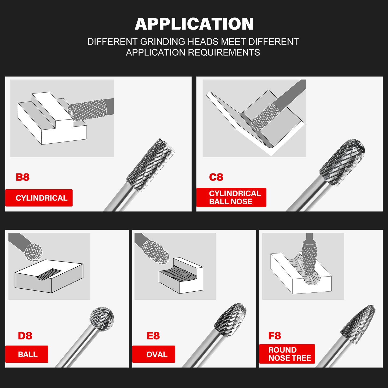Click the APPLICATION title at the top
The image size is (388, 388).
pos(194,24)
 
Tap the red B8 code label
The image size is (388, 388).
pos(23,177)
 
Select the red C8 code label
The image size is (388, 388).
pos(216,177)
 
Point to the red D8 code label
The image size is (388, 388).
pos(25,336)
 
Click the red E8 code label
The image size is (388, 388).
pos(153,336)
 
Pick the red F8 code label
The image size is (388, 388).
pos(274,336)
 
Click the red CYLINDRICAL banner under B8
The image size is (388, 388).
pos(39,198)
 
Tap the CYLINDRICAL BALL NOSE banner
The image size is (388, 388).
pos(231,197)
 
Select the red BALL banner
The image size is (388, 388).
pos(27,354)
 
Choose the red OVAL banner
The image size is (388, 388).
pos(154,354)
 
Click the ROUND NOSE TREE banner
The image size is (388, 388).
pos(287,354)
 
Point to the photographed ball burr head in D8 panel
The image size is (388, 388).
pos(102,320)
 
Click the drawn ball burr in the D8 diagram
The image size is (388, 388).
pos(33,252)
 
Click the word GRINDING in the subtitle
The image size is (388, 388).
pos(162,42)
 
